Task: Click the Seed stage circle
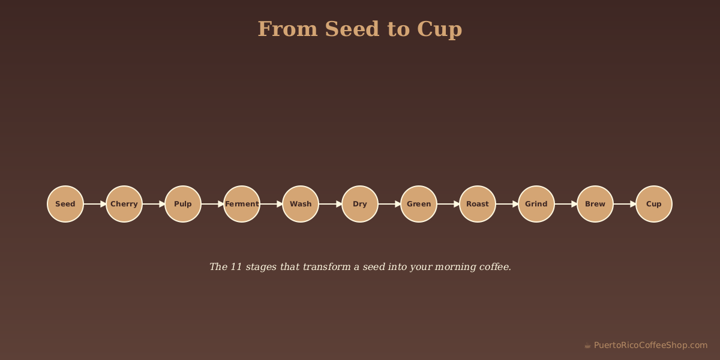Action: (x=65, y=204)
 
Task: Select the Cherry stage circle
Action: (x=124, y=204)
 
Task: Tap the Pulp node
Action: (x=183, y=204)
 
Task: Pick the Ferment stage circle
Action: (x=242, y=204)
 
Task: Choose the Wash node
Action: (x=301, y=204)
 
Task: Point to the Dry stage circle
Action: (x=360, y=204)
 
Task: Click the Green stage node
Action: (x=419, y=204)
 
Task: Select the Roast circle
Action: (x=478, y=204)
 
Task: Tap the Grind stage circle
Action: (x=536, y=204)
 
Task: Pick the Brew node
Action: (x=595, y=204)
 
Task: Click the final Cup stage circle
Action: (x=654, y=204)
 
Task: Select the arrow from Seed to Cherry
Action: (x=95, y=204)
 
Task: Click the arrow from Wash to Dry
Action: (x=330, y=204)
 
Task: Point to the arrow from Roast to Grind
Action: (x=507, y=204)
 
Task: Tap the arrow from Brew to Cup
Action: (x=625, y=204)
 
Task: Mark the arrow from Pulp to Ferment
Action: (x=212, y=204)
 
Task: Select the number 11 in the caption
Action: (x=235, y=267)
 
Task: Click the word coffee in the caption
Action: (x=494, y=267)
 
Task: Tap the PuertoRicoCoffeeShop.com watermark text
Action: (x=650, y=345)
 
